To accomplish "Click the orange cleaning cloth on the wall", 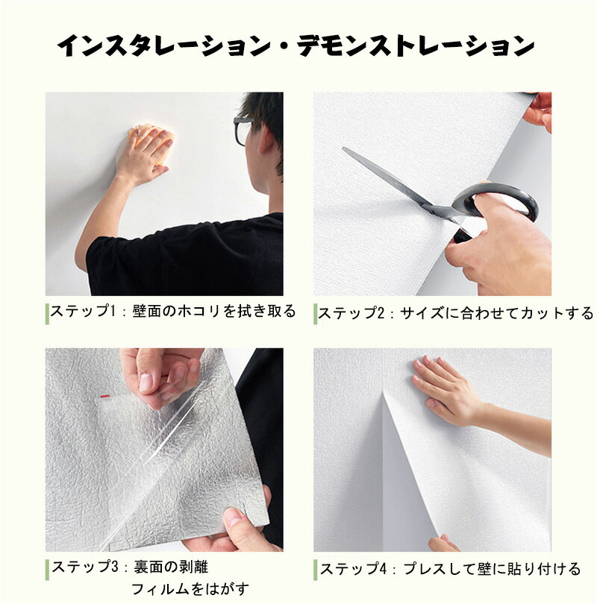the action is tap(151, 141).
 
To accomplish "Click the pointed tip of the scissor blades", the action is tap(343, 148).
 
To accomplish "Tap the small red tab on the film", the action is tap(104, 396).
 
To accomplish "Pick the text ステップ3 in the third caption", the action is tap(84, 567).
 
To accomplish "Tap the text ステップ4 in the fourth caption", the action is tap(353, 568).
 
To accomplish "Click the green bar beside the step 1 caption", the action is tap(47, 313).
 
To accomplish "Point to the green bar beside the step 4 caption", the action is tap(316, 570).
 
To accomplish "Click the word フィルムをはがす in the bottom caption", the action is tap(190, 589).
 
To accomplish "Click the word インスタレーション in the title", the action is tap(165, 45).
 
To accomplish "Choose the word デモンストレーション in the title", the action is tap(415, 45).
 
